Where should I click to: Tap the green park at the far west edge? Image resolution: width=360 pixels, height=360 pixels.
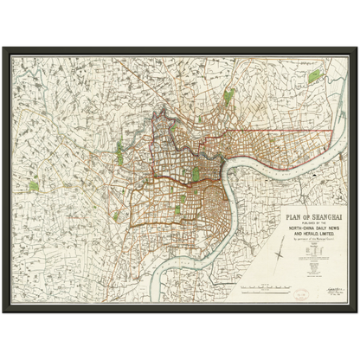point(34,185)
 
